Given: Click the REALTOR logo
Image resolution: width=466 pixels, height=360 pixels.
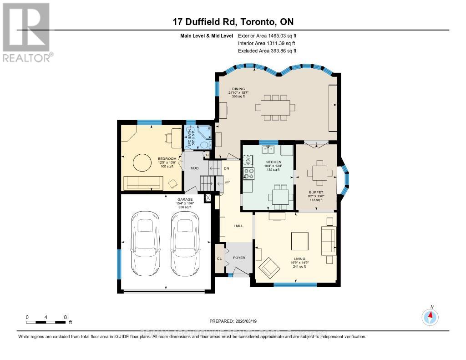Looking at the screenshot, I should [26, 31].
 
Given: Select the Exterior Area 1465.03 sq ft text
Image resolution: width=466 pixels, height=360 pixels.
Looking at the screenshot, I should [267, 35].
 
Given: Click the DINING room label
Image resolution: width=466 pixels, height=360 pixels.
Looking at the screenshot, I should [238, 89].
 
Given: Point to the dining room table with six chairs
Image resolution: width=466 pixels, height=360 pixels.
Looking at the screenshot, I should [275, 108].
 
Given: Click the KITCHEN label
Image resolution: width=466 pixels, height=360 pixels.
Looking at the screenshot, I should [273, 162].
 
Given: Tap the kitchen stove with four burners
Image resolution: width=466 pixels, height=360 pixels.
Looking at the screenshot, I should [249, 173].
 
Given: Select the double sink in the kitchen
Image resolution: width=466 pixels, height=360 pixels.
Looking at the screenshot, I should [267, 150].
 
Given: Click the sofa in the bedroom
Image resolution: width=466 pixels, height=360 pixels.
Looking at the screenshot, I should [142, 183].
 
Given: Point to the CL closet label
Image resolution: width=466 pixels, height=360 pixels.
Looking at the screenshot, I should [219, 258].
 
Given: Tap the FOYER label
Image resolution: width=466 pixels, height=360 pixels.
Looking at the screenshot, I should [239, 258].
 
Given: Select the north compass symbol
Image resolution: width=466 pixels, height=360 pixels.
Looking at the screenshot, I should [430, 316].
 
